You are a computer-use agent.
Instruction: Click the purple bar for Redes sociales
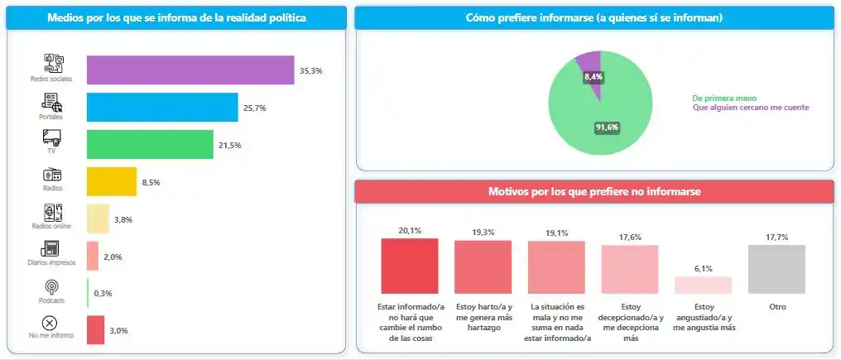pos(190,70)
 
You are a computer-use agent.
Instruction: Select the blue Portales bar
pos(162,108)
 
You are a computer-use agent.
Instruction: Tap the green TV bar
pos(150,144)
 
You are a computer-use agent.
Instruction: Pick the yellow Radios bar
pos(112,181)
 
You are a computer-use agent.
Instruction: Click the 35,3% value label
pos(310,71)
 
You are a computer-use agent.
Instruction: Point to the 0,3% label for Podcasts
pos(103,293)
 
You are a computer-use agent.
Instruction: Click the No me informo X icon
pos(50,323)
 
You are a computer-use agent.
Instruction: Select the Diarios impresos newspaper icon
pos(52,248)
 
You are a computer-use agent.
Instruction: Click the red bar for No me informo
pos(95,329)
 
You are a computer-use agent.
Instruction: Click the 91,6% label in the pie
pos(607,127)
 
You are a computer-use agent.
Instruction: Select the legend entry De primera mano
pos(724,98)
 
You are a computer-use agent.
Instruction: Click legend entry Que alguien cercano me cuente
pos(750,108)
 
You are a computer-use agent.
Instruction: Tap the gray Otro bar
pos(776,269)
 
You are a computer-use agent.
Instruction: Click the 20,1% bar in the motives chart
pos(409,266)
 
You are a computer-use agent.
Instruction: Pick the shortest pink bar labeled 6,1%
pos(704,285)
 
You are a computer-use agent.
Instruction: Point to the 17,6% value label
pos(630,238)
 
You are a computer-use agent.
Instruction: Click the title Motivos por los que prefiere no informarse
pos(594,192)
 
